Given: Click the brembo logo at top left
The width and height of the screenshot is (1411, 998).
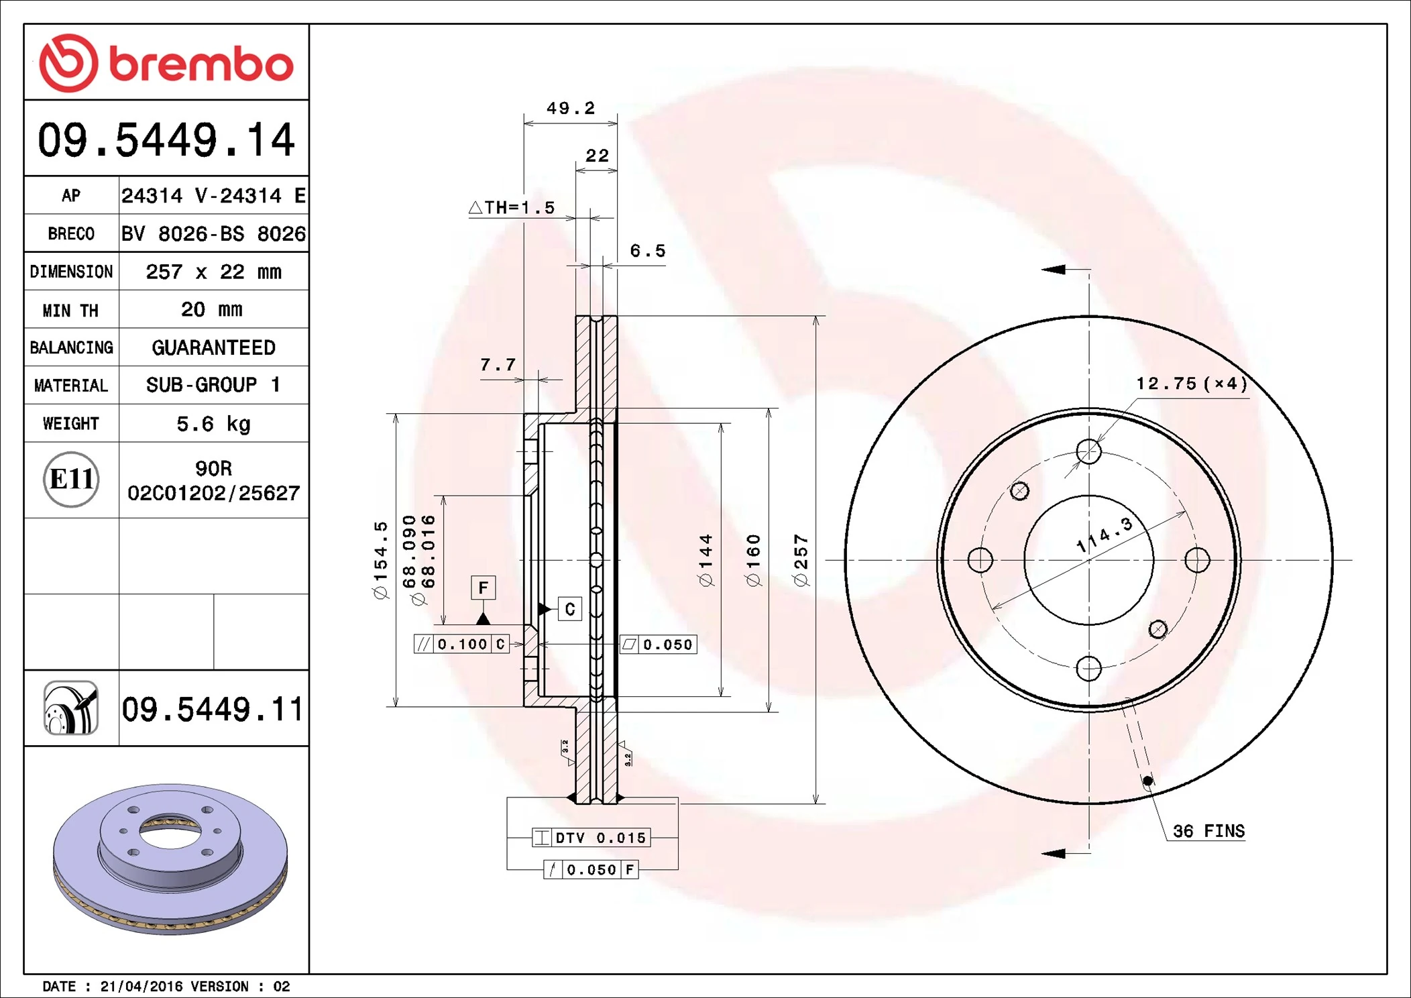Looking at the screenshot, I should coord(166,63).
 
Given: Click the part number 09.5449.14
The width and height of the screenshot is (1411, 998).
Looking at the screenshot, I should coord(166,140).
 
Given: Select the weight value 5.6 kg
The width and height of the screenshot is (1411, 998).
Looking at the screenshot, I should coord(213,424).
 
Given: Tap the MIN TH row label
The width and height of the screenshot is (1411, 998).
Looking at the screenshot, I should coord(70,311).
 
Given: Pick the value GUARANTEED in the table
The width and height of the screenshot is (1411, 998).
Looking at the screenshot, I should coord(213,347).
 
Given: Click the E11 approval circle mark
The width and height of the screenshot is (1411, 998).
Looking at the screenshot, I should coord(71,480).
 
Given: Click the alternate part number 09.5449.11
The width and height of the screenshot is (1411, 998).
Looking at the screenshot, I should coord(213,709).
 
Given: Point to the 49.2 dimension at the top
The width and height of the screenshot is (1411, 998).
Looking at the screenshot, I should coord(570,108).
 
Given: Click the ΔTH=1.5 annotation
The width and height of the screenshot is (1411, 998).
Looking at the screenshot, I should coord(512,208).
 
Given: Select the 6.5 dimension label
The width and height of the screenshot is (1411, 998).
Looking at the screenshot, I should coord(647,251).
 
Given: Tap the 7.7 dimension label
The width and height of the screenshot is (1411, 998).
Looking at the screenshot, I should coord(498,365).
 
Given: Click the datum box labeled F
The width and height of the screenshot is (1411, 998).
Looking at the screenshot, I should coord(483,588).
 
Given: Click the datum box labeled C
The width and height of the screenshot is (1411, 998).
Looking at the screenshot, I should coord(569,609).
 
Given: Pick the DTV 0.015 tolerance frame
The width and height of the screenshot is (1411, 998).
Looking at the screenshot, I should coord(591,838).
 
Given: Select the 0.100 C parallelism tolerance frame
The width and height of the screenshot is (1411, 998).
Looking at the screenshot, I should coord(461,645).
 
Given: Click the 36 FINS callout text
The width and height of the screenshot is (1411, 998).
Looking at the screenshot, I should coord(1208,831).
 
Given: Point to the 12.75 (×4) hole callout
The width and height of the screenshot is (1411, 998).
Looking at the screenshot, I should coord(1192,384).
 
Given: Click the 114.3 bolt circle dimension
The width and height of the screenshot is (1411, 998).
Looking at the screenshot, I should coord(1104,535).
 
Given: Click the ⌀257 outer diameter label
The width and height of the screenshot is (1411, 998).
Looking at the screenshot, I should coord(801,560).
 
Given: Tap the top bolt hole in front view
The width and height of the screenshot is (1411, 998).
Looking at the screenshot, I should coord(1088,451).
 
